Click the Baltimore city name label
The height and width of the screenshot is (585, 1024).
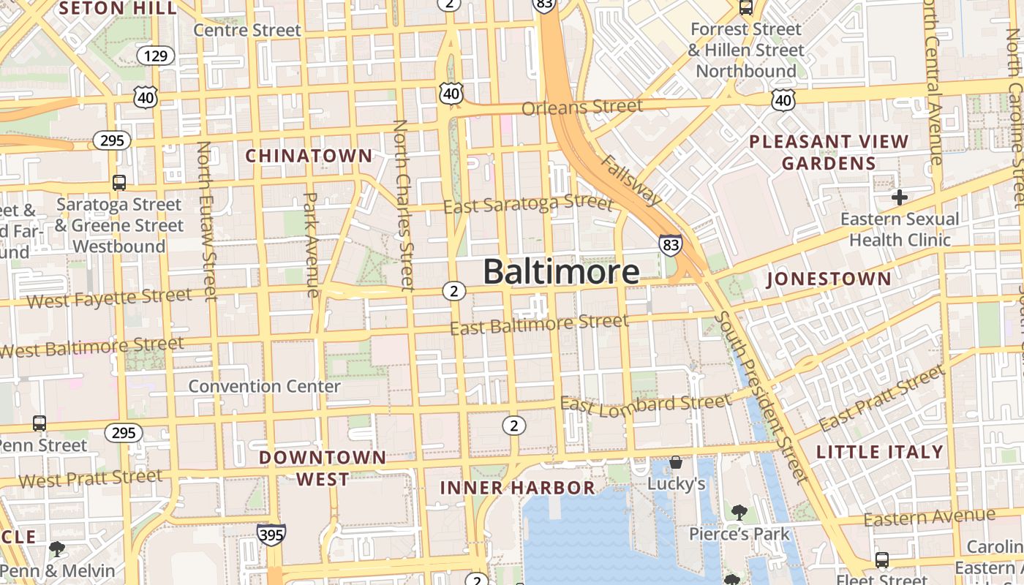point(561,271)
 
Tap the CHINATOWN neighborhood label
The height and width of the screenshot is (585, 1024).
point(309,156)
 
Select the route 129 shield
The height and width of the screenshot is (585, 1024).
point(156,56)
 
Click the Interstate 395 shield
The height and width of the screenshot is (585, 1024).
point(271,535)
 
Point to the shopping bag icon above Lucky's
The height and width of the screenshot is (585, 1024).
point(676,462)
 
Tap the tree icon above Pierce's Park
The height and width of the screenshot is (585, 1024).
point(739,513)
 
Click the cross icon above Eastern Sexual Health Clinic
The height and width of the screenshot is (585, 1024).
point(899,197)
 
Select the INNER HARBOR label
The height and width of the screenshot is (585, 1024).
point(517,488)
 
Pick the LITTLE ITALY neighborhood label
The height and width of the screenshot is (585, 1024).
point(879,452)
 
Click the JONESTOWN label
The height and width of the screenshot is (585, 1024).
point(829,279)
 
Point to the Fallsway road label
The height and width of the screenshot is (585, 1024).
point(632,180)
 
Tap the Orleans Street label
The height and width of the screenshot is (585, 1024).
point(582,107)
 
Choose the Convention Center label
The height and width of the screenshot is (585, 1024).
point(264,386)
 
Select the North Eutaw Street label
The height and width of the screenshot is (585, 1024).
point(207,220)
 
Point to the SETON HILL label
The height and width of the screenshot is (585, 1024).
point(118,9)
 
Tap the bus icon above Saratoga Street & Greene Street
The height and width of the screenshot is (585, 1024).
point(118,183)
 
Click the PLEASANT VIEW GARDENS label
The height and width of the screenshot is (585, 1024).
point(829,152)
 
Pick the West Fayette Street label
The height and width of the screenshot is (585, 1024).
point(109,298)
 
